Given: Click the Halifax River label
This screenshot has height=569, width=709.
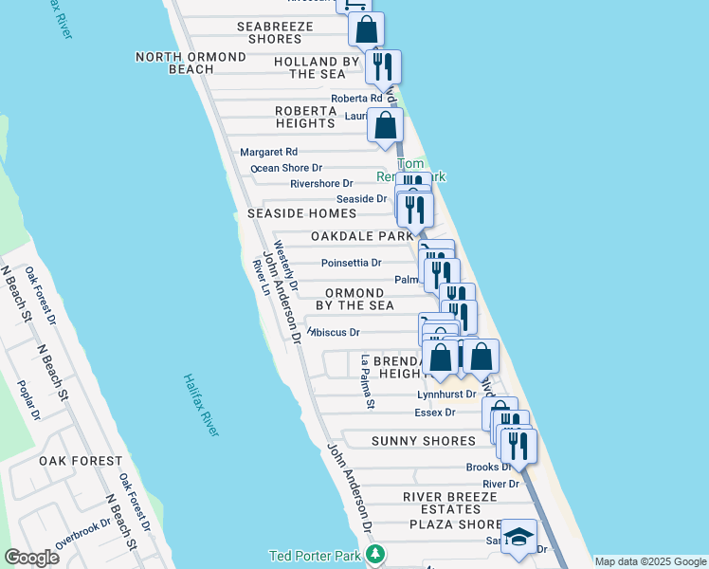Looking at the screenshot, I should (x=201, y=405).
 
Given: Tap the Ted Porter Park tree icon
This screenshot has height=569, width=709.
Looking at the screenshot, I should (x=376, y=554).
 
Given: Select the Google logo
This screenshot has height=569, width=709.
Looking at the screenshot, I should (x=31, y=558).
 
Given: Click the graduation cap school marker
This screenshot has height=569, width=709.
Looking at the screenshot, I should (x=518, y=538).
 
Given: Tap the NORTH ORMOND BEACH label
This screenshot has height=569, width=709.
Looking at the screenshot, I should (x=191, y=64).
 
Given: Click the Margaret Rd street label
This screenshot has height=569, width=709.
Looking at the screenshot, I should (x=268, y=152).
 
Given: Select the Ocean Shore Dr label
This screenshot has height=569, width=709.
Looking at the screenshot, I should (x=286, y=168).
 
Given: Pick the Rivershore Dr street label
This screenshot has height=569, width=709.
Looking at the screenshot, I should (x=321, y=183).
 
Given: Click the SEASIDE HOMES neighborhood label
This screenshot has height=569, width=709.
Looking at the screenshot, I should (x=302, y=214).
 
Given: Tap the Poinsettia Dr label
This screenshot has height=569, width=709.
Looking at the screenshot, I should (x=351, y=263).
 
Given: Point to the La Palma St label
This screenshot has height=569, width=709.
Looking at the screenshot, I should (x=367, y=382).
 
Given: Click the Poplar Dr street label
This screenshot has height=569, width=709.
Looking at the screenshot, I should (x=29, y=400).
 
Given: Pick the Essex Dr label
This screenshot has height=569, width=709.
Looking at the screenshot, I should (x=435, y=413).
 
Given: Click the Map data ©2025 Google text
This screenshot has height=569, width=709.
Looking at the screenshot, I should (x=651, y=561).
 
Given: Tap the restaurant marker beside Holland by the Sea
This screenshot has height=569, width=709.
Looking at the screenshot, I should (x=383, y=66).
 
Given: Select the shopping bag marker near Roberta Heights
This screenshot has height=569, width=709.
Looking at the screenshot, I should (x=385, y=124).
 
